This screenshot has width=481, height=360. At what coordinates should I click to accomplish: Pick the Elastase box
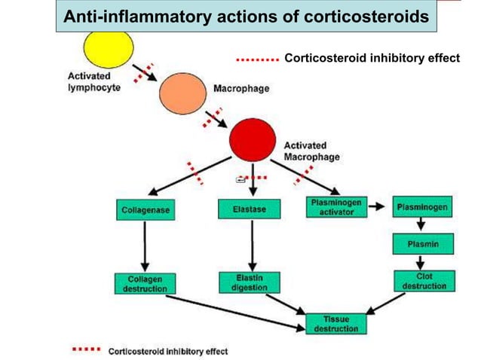[x=248, y=209]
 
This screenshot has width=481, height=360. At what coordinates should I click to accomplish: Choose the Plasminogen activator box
[x=335, y=207]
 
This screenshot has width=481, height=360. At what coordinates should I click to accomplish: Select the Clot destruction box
[x=424, y=282]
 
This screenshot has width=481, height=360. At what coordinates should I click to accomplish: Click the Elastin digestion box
[x=247, y=282]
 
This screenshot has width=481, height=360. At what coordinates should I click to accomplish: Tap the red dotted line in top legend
[x=258, y=57]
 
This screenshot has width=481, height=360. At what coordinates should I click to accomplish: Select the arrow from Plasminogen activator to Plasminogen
[x=377, y=206]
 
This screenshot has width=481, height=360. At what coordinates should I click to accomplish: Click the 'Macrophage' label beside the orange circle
[x=241, y=89]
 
